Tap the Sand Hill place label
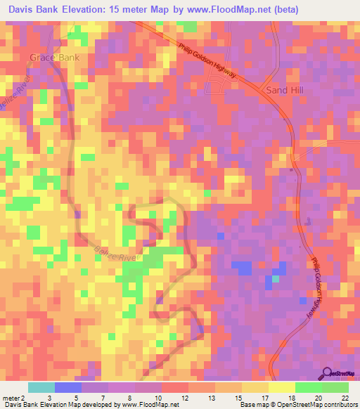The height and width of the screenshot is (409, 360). point(283,91)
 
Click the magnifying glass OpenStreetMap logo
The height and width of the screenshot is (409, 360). point(328,373)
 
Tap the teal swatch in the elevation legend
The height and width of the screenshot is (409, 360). point(41,387)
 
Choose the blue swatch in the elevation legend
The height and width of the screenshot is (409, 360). point(68,387)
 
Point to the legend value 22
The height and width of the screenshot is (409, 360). point(345,397)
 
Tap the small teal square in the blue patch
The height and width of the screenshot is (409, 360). point(276,279)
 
